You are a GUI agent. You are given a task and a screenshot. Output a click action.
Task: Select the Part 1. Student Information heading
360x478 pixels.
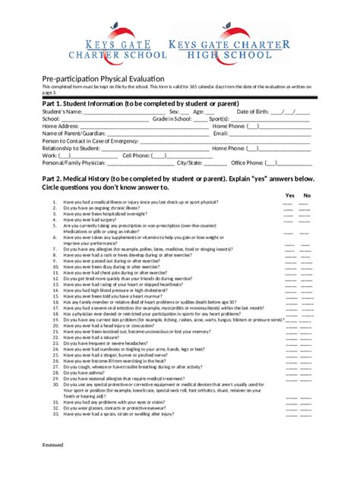(x=141, y=103)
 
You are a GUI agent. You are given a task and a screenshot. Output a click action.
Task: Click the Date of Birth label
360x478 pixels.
(x=254, y=112)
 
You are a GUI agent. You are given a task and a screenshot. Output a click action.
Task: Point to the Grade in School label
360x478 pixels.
(x=172, y=119)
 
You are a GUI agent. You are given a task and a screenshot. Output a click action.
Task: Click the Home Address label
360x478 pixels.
(x=61, y=126)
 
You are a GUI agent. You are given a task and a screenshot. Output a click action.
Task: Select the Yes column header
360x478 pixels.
(x=289, y=195)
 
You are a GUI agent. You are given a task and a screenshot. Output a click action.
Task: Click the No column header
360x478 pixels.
(x=307, y=195)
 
